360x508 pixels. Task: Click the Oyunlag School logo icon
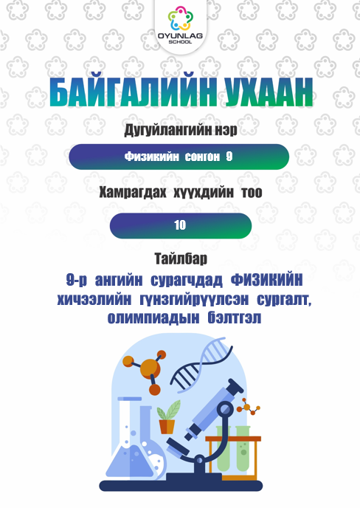click(x=180, y=18)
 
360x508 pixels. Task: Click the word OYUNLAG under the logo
click(x=180, y=35)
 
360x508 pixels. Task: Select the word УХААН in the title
click(x=269, y=92)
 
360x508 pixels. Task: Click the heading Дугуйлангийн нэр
click(x=180, y=130)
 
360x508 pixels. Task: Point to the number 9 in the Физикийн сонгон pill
click(x=229, y=157)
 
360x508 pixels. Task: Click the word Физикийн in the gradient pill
click(x=151, y=157)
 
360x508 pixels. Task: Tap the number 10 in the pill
click(x=180, y=225)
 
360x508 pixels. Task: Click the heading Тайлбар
click(x=181, y=259)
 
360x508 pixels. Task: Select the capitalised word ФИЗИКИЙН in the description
click(x=267, y=280)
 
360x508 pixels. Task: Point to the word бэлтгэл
click(x=234, y=317)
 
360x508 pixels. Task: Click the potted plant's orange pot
click(x=167, y=427)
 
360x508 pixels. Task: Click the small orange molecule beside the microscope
click(x=249, y=408)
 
